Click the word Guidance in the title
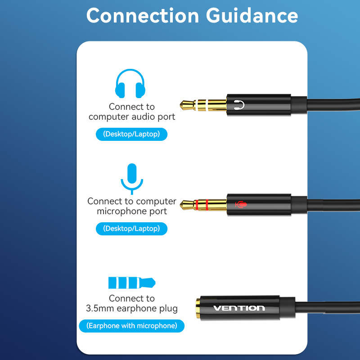(x=252, y=15)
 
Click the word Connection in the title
(x=143, y=15)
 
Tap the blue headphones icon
(x=130, y=84)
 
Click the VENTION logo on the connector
(x=239, y=308)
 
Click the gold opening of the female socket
(x=198, y=308)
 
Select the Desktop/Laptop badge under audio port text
(x=131, y=134)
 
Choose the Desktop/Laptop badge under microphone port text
(x=131, y=229)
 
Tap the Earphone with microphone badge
(x=131, y=326)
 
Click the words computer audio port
(x=132, y=117)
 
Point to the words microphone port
(x=132, y=211)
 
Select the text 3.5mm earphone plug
(x=132, y=309)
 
